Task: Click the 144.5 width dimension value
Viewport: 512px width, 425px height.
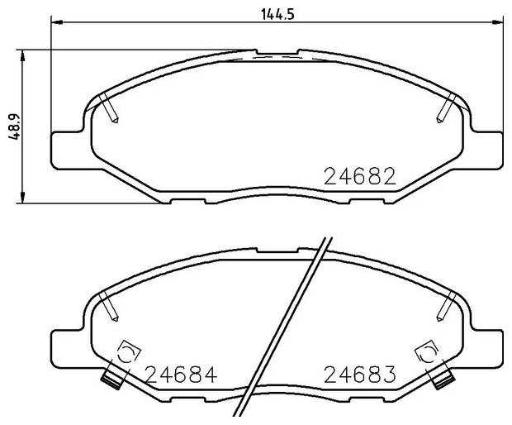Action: (x=277, y=14)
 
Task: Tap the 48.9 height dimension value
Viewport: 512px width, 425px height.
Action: (x=15, y=127)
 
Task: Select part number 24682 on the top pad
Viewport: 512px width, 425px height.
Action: (x=360, y=176)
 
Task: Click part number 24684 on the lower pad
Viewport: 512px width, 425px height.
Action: (x=181, y=375)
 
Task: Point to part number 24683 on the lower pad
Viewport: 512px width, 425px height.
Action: (x=360, y=375)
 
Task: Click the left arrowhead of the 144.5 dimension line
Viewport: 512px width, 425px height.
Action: (x=57, y=22)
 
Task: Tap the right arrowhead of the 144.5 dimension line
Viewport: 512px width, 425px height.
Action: (x=498, y=22)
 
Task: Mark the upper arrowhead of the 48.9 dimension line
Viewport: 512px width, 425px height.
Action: (x=22, y=55)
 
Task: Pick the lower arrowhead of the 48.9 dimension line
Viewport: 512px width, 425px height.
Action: (x=22, y=198)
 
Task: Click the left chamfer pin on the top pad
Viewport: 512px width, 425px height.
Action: (x=109, y=107)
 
